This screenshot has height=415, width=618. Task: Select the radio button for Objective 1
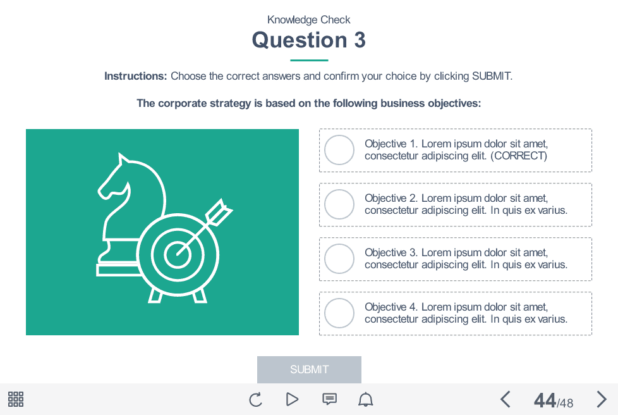[x=339, y=150]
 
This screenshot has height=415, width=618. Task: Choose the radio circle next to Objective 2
[x=339, y=204]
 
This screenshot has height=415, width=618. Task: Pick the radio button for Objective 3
[x=339, y=259]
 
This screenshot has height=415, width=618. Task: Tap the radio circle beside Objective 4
[x=339, y=313]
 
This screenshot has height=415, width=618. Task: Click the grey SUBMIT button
[x=309, y=369]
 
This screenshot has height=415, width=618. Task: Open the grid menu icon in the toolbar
[x=16, y=399]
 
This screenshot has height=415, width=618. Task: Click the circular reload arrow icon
[x=255, y=399]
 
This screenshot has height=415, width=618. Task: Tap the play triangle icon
[x=292, y=399]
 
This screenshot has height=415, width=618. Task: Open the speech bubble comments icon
[x=329, y=399]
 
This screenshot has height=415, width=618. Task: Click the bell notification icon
[x=366, y=399]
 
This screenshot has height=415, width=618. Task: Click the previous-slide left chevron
[x=505, y=399]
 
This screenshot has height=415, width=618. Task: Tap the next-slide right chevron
[x=602, y=399]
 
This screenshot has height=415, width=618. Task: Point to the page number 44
[x=545, y=400]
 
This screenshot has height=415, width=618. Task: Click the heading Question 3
[x=309, y=40]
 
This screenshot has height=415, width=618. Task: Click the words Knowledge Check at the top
[x=309, y=20]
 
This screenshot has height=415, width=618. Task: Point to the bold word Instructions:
[x=135, y=76]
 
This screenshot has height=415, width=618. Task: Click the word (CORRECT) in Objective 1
[x=519, y=156]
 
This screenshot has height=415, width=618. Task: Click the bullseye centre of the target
[x=178, y=254]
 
